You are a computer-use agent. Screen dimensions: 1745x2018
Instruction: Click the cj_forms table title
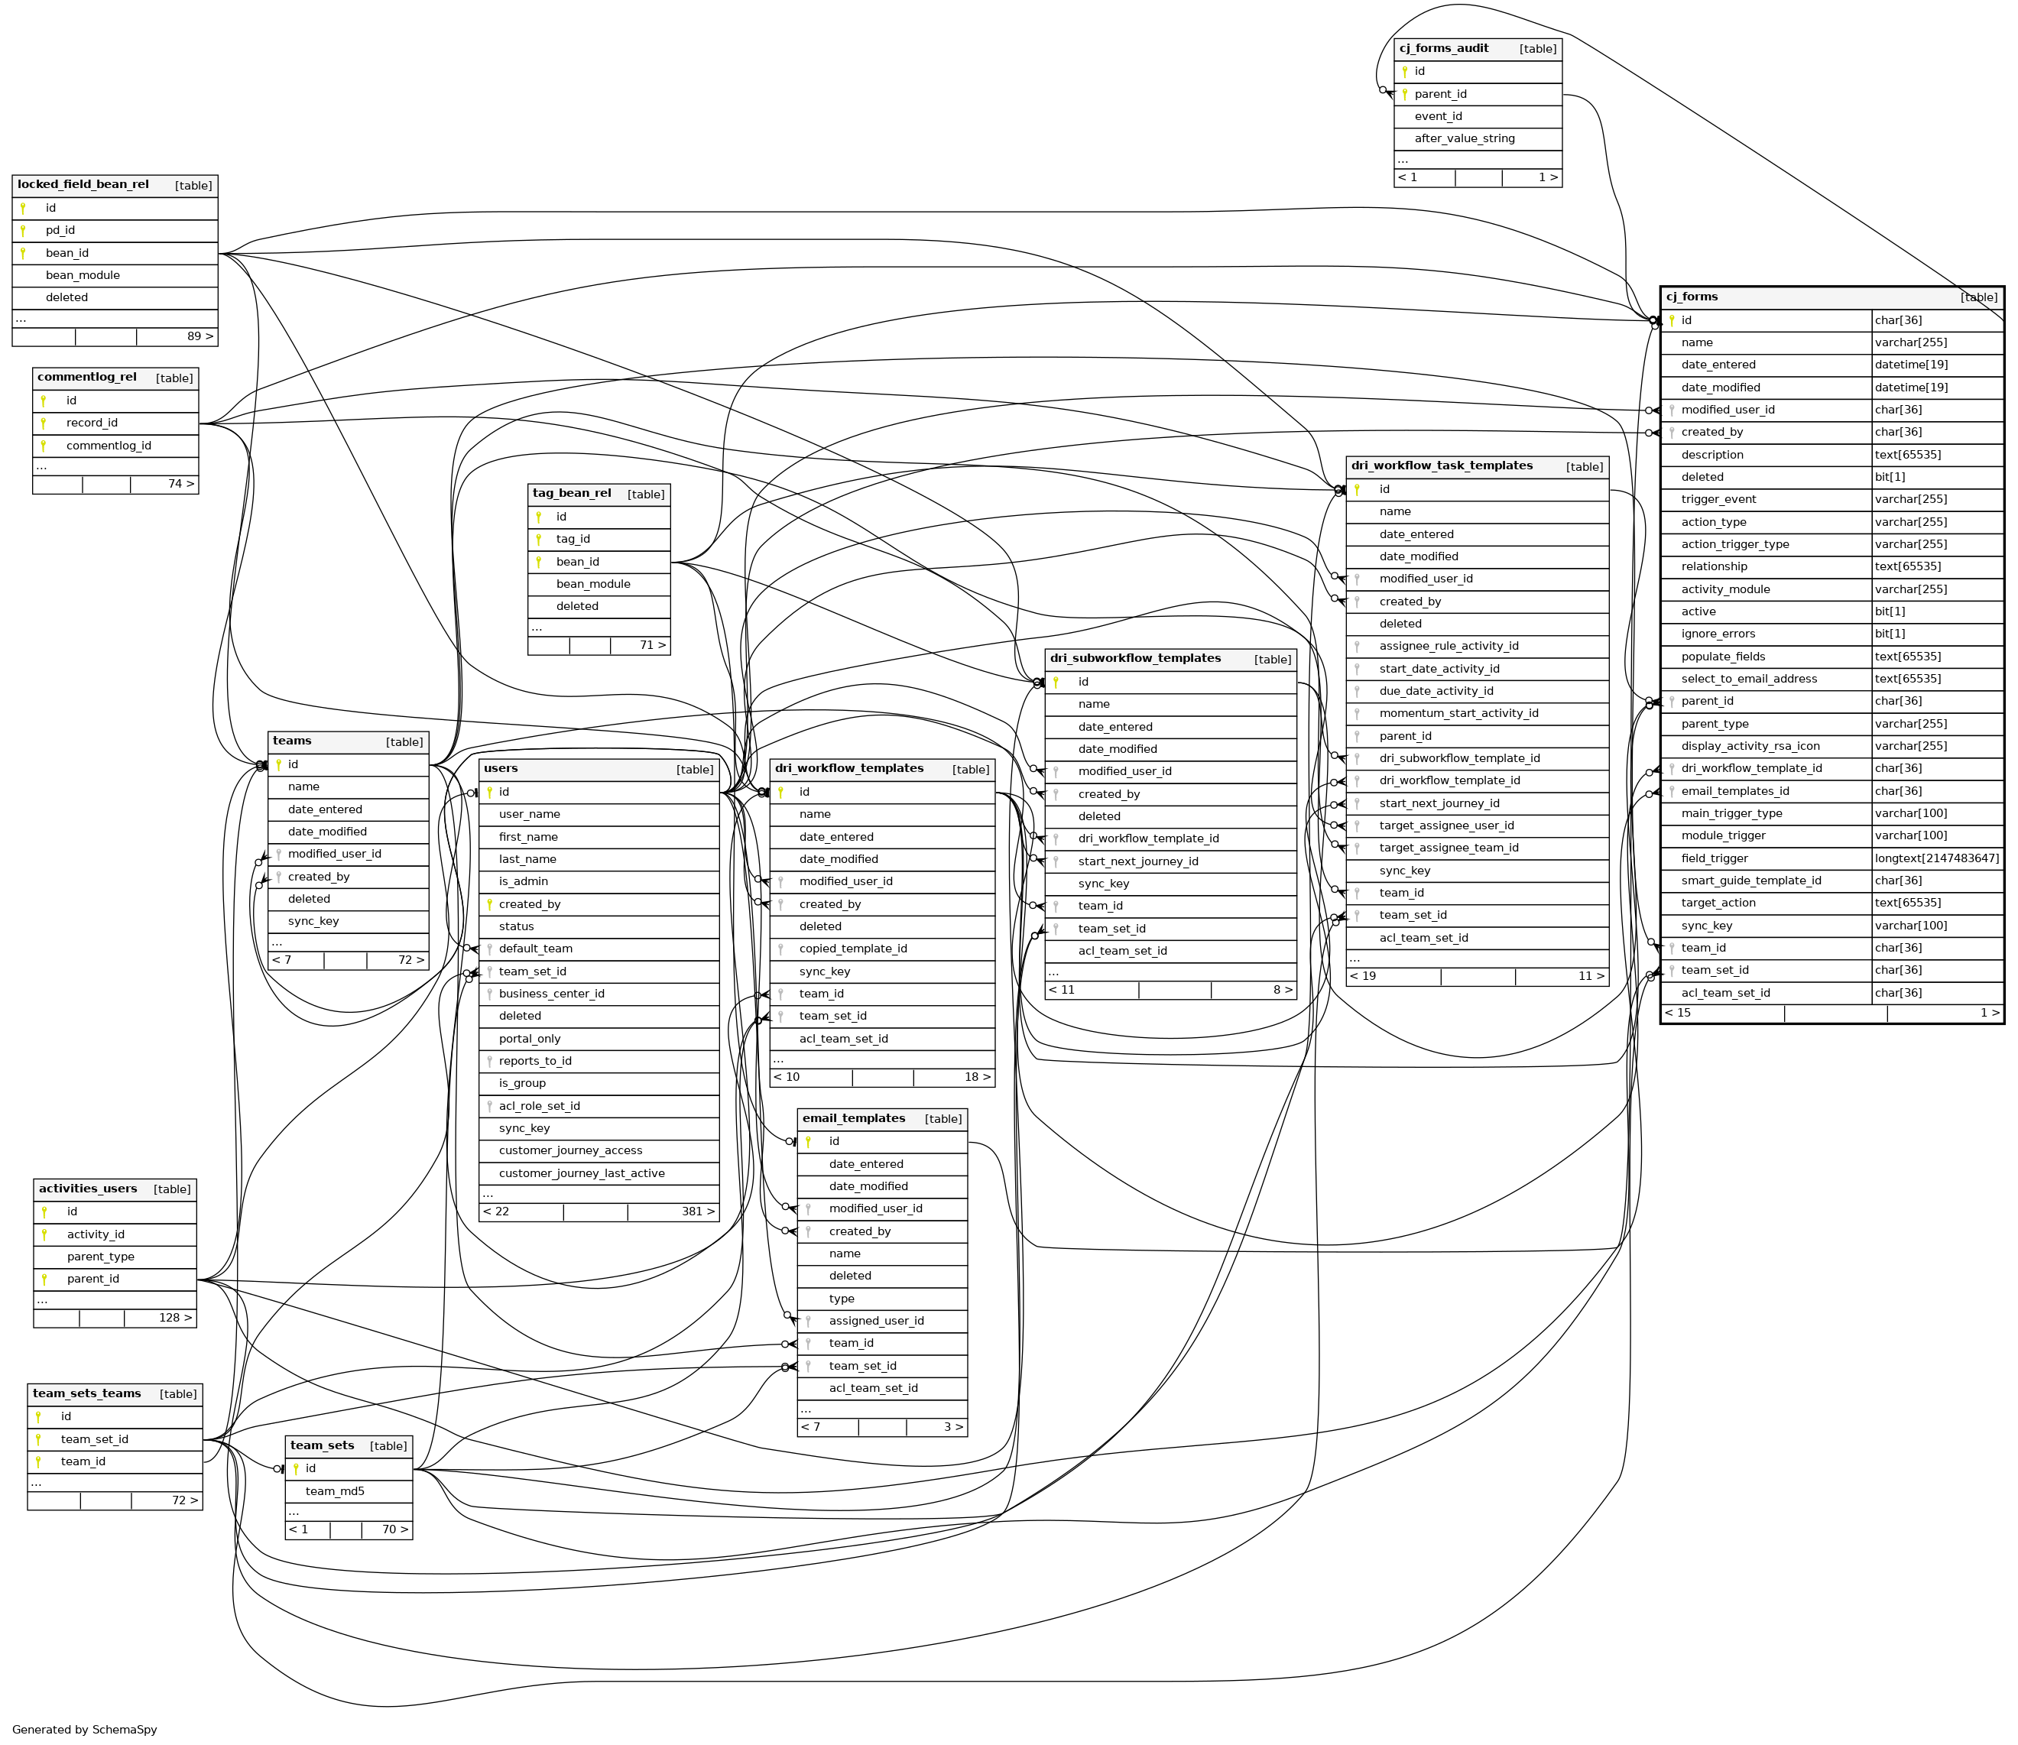[1692, 297]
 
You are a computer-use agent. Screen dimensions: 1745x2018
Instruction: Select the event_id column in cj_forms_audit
[1438, 117]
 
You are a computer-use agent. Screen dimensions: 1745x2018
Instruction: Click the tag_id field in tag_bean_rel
[573, 540]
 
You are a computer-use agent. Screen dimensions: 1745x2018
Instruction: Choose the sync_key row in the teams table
[313, 921]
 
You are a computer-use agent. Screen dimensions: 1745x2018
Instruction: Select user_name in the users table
[529, 814]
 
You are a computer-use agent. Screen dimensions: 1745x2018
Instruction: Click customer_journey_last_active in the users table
[582, 1173]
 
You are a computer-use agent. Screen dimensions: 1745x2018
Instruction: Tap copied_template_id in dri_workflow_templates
[852, 949]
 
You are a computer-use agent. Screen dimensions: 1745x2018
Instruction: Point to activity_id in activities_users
[96, 1234]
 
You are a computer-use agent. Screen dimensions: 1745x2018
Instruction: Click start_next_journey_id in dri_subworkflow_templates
[1137, 861]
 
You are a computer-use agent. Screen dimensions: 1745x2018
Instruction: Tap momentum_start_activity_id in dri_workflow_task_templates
[1458, 714]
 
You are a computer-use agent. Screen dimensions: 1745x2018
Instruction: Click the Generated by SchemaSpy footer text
[85, 1730]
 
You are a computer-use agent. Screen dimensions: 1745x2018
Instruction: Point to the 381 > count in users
[697, 1211]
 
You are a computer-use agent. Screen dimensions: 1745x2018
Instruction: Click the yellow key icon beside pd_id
[22, 231]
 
